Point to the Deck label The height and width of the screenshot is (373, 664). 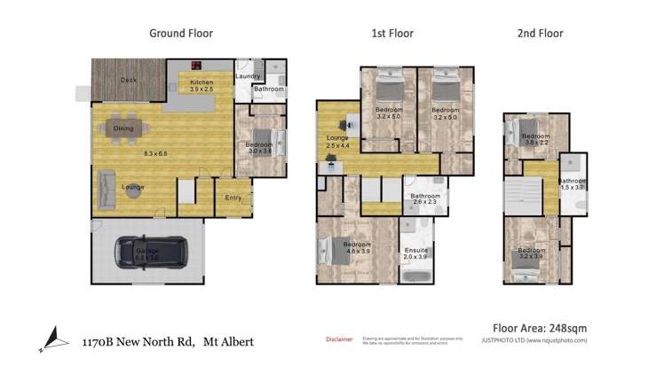tap(129, 81)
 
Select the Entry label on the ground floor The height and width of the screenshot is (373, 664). tap(233, 198)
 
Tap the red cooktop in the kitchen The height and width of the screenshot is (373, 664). tap(196, 64)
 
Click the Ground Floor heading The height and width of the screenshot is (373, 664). tap(180, 34)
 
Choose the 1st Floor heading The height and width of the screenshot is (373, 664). tap(391, 34)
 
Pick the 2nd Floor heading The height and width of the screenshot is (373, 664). tap(540, 34)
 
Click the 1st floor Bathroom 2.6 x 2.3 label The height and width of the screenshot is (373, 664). tap(425, 199)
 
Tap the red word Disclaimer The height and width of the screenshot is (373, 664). tap(339, 338)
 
